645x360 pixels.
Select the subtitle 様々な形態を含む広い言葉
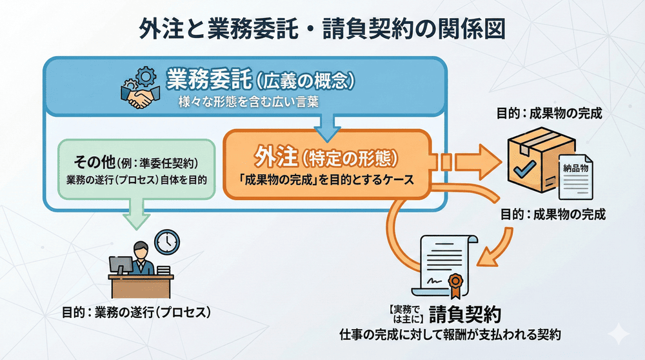[x=248, y=102]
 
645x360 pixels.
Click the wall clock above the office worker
[x=166, y=241]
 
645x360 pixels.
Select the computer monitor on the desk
[x=121, y=265]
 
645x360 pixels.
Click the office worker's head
[x=140, y=250]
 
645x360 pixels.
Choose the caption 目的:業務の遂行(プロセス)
[x=137, y=313]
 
